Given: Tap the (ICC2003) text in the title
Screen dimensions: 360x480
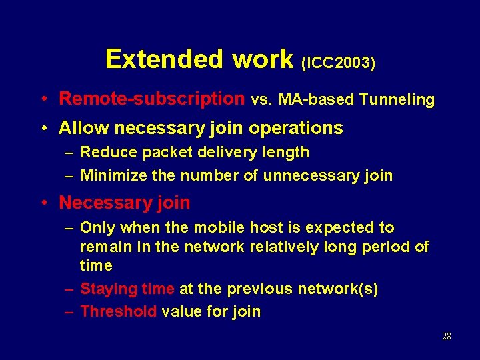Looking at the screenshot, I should [338, 63].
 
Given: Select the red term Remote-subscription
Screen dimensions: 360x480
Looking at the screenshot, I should [152, 99].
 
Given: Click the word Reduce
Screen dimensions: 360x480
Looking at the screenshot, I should [107, 152].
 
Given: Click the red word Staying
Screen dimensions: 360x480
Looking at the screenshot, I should [109, 289].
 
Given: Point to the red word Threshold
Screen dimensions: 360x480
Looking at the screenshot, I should [118, 311].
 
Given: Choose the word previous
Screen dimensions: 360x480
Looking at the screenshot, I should [260, 289].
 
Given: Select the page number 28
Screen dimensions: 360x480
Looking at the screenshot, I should [447, 337].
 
